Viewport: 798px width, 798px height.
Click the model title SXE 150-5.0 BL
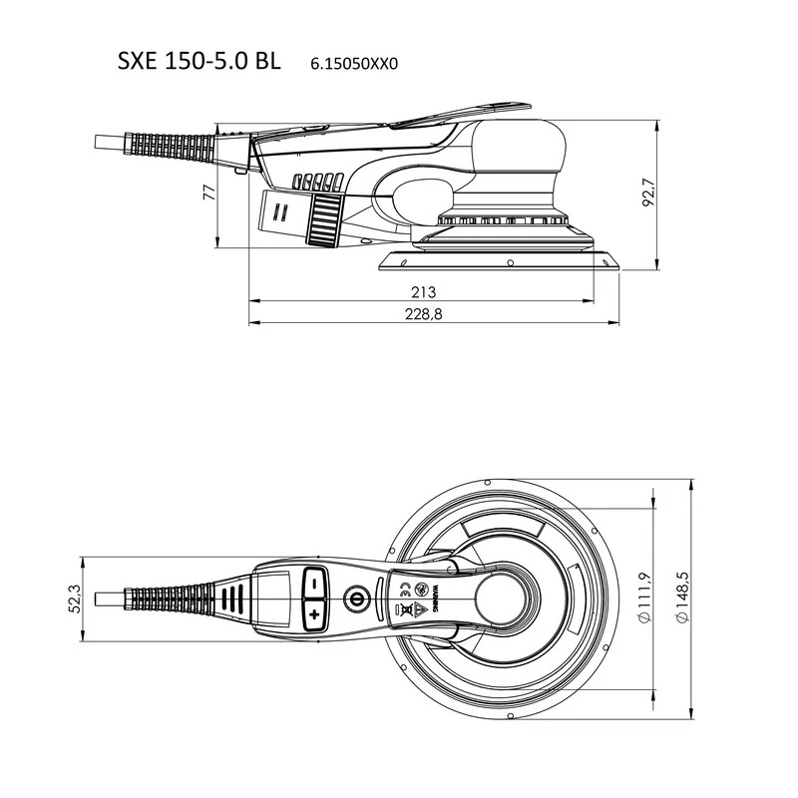[199, 61]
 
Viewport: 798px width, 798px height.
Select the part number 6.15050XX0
[354, 64]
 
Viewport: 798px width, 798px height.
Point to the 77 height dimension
[209, 193]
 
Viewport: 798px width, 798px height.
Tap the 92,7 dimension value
[649, 193]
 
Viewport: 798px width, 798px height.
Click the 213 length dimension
[423, 292]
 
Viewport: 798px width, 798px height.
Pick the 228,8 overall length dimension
[423, 314]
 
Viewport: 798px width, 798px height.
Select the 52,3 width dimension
[75, 599]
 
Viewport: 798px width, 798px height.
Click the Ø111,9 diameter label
[644, 598]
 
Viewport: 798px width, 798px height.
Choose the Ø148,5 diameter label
[682, 598]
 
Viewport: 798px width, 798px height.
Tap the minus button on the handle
[314, 584]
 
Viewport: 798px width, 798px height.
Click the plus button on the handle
[314, 614]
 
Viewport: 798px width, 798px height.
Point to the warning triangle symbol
[419, 607]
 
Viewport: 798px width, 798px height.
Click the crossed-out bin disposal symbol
[406, 608]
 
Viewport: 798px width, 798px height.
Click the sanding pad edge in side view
[500, 261]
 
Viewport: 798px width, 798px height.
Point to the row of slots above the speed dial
[317, 182]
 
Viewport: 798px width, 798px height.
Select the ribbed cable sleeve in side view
[170, 146]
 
